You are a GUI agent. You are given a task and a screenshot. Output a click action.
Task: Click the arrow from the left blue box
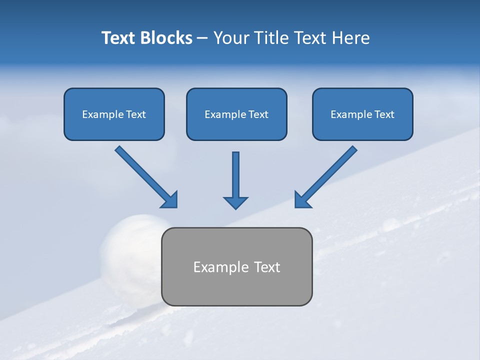pyautogui.click(x=145, y=175)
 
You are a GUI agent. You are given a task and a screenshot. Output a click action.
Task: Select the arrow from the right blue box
pyautogui.click(x=326, y=175)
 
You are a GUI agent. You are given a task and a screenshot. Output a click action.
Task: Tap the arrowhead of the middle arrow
pyautogui.click(x=235, y=202)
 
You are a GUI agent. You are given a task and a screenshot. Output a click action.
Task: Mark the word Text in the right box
pyautogui.click(x=384, y=114)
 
